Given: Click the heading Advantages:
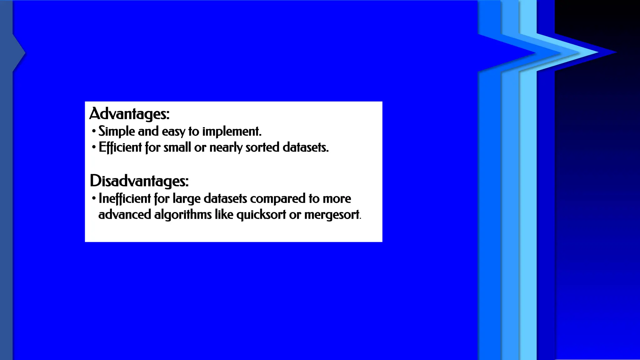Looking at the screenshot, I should [x=129, y=113].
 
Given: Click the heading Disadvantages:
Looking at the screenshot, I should [x=139, y=181].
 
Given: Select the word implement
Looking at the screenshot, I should [x=232, y=131].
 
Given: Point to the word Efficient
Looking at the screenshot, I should [x=120, y=147].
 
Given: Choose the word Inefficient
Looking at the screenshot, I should [x=125, y=198].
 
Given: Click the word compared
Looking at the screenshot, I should [x=277, y=198].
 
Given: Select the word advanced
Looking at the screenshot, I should [x=125, y=215].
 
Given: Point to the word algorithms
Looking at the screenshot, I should [x=183, y=215].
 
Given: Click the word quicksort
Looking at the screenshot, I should [x=261, y=215].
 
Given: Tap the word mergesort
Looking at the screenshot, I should [x=332, y=215].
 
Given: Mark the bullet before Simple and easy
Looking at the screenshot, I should [x=94, y=131].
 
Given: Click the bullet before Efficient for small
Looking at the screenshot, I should [x=94, y=147].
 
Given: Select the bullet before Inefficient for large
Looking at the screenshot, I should [x=94, y=198].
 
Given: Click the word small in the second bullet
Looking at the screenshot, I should [x=177, y=147].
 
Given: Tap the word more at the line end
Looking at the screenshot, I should [x=337, y=198].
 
